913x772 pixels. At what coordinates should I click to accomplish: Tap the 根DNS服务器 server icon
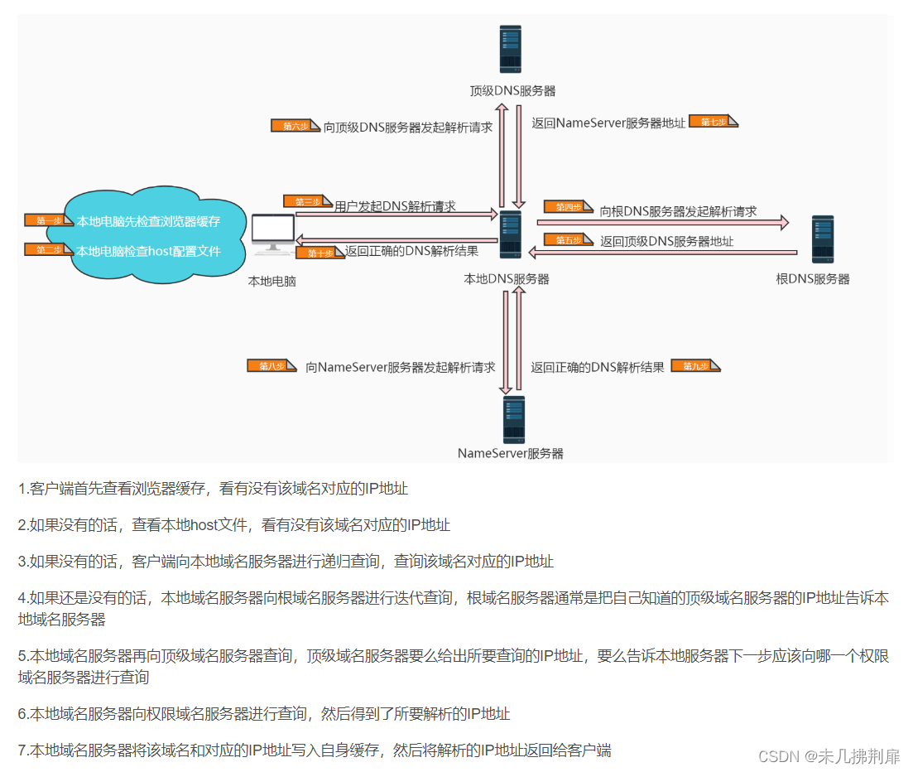coord(822,239)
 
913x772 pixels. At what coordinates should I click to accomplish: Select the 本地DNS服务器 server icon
coord(510,234)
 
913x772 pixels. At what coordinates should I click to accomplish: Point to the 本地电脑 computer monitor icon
coord(272,235)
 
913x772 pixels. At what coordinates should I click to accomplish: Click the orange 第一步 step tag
coord(49,221)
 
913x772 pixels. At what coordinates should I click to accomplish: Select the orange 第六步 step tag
coord(295,126)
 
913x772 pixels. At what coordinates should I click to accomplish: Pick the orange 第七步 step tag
coord(713,122)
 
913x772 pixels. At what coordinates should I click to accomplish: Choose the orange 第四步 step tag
coord(568,207)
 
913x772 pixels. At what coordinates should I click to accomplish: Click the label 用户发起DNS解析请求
coord(395,205)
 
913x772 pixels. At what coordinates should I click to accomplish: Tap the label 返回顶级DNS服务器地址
coord(666,241)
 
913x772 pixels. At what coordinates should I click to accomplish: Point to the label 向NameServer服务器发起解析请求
coord(400,367)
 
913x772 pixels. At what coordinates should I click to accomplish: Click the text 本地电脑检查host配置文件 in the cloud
coord(149,250)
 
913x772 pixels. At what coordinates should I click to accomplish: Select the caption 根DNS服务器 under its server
coord(813,278)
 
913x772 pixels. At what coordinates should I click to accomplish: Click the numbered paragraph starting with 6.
coord(264,713)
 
